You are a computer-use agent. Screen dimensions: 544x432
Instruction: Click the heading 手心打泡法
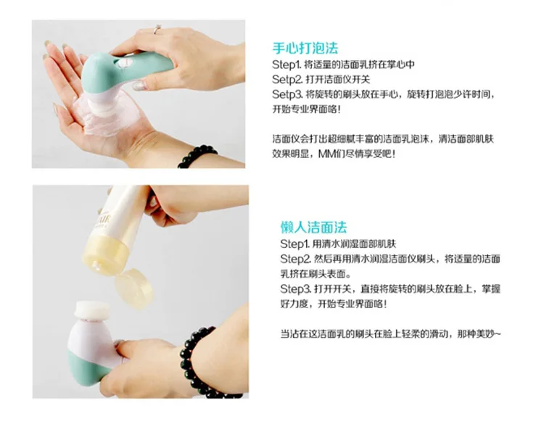click(305, 48)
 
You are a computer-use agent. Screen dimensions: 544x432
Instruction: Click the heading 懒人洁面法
click(313, 228)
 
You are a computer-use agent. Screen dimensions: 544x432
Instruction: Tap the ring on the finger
click(157, 30)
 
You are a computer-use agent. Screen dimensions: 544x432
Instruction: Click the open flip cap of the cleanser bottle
click(134, 288)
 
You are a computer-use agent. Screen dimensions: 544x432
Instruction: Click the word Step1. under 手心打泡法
click(287, 65)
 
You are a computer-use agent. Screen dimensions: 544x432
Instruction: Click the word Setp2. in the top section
click(288, 80)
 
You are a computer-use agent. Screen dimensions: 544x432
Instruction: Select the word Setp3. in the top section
click(288, 94)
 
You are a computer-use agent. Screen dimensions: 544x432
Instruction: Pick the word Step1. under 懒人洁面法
click(294, 244)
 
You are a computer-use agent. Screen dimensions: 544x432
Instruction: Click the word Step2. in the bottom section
click(296, 259)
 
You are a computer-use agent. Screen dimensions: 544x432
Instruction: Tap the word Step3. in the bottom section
click(296, 288)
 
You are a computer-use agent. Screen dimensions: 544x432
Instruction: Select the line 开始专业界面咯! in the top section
click(306, 109)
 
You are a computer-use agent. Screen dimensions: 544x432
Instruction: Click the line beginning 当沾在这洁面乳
click(391, 334)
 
